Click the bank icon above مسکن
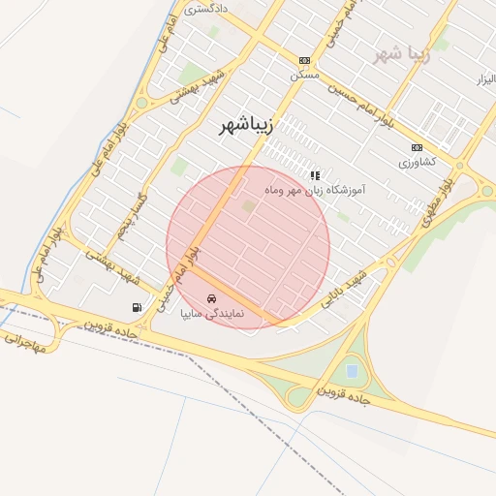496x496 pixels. (304, 59)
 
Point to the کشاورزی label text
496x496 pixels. (418, 162)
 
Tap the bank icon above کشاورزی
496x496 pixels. (417, 147)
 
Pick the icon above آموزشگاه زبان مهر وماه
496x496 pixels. (314, 175)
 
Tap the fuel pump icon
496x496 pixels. (136, 308)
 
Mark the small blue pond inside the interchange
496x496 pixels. (351, 370)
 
